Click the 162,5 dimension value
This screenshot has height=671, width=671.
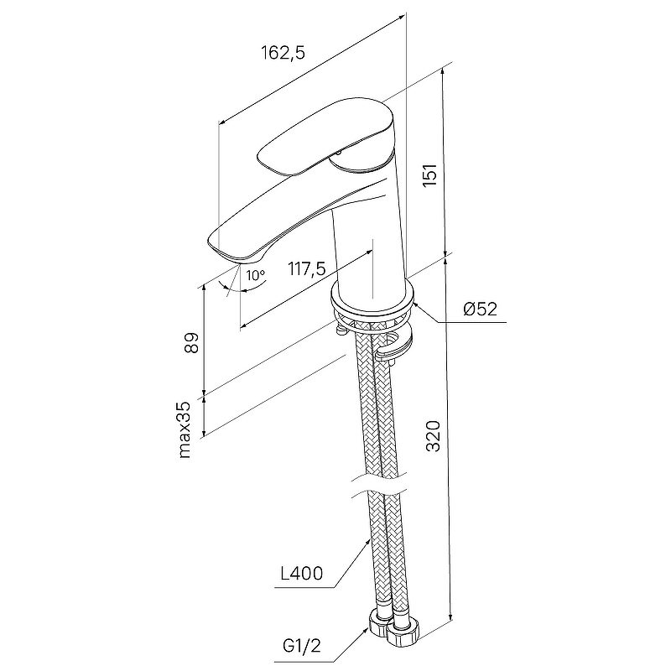(283, 53)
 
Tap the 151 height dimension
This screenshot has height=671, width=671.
(429, 174)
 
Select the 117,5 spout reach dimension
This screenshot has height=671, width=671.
(306, 269)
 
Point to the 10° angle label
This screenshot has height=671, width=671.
(256, 275)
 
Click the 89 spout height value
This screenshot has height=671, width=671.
(192, 342)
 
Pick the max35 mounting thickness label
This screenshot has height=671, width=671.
(185, 429)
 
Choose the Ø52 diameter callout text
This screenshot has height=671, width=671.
(481, 309)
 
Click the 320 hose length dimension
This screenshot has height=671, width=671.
(433, 436)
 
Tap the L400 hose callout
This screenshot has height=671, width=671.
(302, 574)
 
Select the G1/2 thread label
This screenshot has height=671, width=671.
(301, 646)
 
